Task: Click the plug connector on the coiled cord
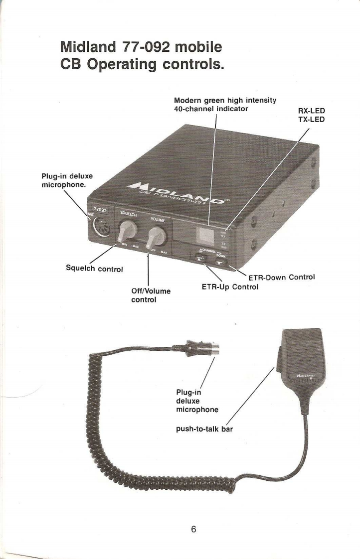[202, 347]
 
